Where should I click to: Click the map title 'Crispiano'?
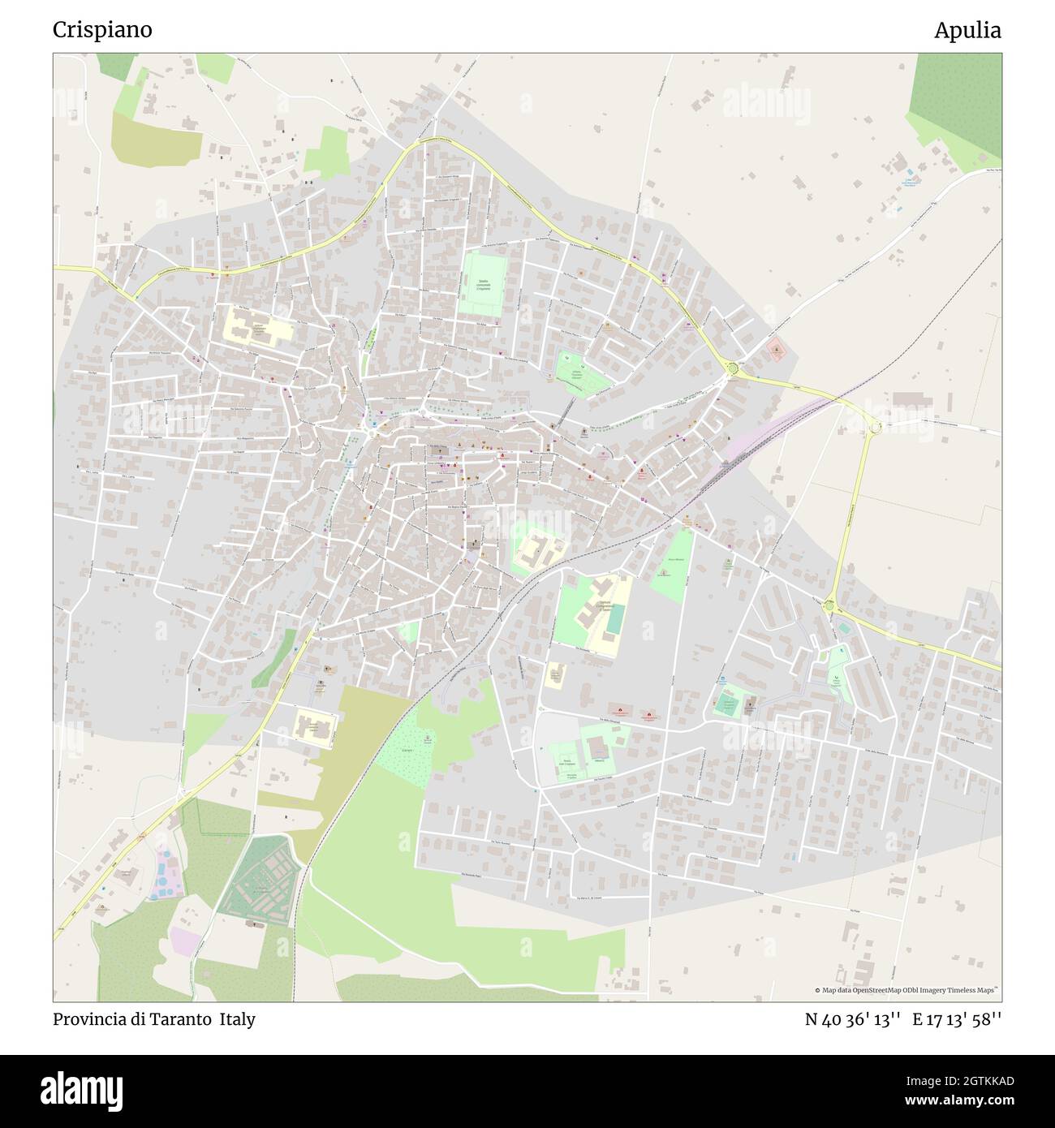pyautogui.click(x=102, y=30)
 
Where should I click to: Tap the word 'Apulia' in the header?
pyautogui.click(x=967, y=30)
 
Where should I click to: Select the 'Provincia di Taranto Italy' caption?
pyautogui.click(x=154, y=1019)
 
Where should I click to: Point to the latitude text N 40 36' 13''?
pyautogui.click(x=852, y=1019)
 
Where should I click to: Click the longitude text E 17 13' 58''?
pyautogui.click(x=957, y=1019)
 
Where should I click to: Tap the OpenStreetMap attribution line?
pyautogui.click(x=907, y=990)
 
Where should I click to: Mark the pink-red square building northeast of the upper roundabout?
pyautogui.click(x=776, y=351)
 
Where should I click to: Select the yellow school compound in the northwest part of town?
pyautogui.click(x=256, y=328)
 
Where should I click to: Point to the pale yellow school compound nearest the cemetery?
pyautogui.click(x=313, y=726)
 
